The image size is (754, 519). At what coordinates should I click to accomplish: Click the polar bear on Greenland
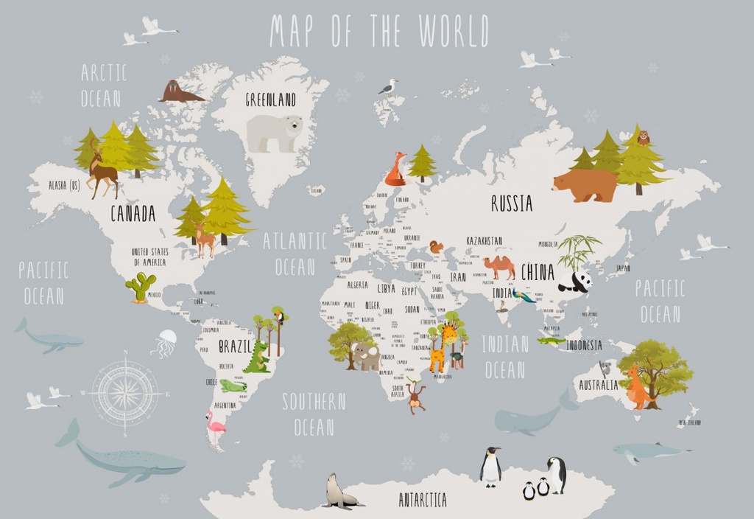(274, 133)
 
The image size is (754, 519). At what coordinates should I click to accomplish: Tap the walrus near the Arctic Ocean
(179, 92)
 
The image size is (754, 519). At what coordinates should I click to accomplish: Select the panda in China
(575, 281)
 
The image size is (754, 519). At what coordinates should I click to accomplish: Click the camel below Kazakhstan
(500, 267)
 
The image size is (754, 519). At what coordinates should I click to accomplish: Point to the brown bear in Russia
(586, 185)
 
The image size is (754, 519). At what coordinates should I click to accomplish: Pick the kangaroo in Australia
(637, 388)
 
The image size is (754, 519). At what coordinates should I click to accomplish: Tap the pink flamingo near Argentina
(215, 428)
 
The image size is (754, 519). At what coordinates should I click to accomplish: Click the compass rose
(124, 392)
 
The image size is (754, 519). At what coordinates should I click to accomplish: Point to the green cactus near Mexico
(141, 287)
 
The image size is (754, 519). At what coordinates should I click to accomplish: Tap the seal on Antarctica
(339, 492)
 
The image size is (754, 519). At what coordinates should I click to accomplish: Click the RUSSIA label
(512, 203)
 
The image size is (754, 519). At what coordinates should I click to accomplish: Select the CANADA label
(133, 214)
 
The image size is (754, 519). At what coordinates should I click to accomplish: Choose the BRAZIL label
(236, 346)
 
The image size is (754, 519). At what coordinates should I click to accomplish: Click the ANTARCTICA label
(423, 501)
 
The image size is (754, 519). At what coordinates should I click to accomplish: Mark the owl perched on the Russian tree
(643, 137)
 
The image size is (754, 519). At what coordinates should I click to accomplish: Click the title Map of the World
(378, 32)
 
